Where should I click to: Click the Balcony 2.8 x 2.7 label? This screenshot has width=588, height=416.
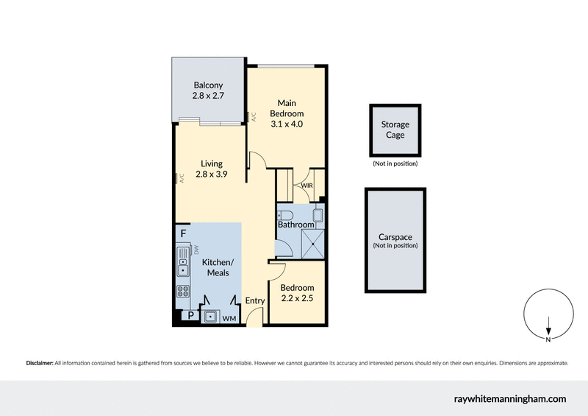[209, 90]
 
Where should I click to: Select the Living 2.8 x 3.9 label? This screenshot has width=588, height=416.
[212, 169]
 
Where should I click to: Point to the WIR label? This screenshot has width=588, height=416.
[306, 186]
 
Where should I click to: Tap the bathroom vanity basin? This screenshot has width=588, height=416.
[318, 215]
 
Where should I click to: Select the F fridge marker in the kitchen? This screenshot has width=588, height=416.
[183, 233]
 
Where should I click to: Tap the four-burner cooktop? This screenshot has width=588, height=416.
[183, 291]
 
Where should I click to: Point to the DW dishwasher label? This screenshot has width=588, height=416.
[196, 250]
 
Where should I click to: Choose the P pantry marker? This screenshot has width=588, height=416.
[191, 316]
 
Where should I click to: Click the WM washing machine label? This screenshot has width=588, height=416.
[228, 318]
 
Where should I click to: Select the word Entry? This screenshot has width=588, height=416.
[254, 300]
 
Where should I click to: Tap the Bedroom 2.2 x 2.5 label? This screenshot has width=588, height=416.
[297, 292]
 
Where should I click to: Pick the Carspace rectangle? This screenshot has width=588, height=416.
[395, 241]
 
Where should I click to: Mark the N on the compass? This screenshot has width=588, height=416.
[548, 339]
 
